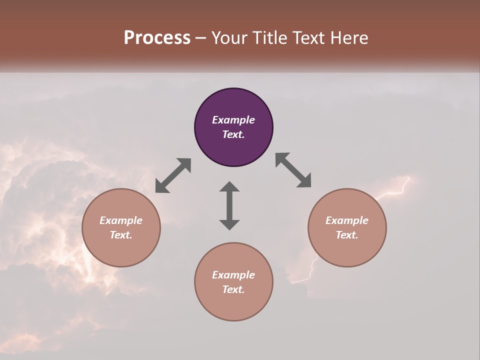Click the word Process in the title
coord(157,38)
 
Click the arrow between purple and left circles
coord(173,175)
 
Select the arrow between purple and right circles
coord(293,170)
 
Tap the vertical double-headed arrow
coord(229,205)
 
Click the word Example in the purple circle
coord(233,120)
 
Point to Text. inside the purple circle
coord(233,134)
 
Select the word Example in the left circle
coord(121,220)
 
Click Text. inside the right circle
coord(347,235)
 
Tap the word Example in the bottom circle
coord(233,275)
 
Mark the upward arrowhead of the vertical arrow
coord(229,187)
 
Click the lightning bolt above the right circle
coord(397,188)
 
